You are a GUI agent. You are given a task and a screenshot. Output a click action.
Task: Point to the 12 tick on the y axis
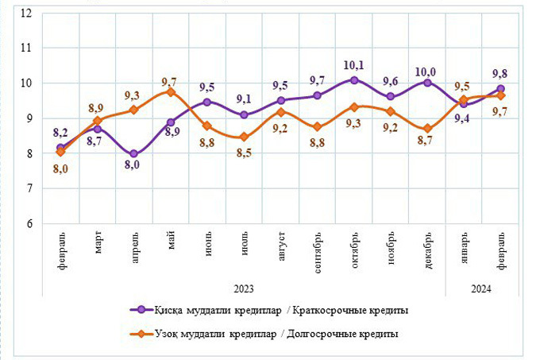(x=27, y=13)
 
